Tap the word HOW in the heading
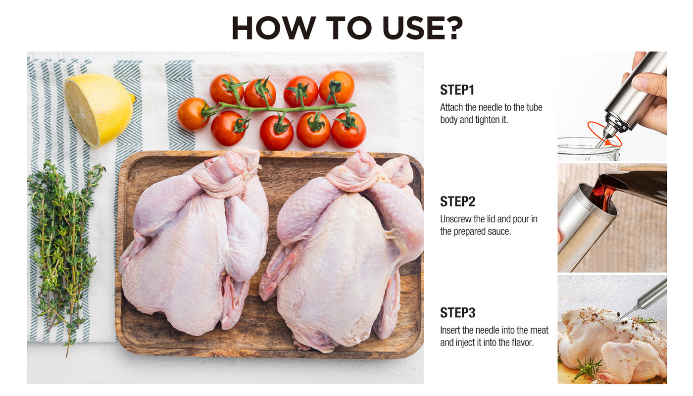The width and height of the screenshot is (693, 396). pyautogui.click(x=274, y=28)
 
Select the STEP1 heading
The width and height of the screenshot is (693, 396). pyautogui.click(x=457, y=90)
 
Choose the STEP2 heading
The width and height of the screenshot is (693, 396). pyautogui.click(x=457, y=201)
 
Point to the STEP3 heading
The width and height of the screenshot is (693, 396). pyautogui.click(x=457, y=313)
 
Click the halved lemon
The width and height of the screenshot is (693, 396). pyautogui.click(x=99, y=110)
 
